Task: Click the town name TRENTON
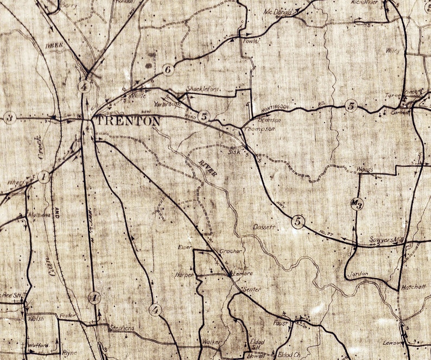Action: [x=128, y=121]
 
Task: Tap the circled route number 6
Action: [x=167, y=70]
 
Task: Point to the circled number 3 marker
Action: [x=9, y=117]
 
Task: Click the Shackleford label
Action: [x=202, y=89]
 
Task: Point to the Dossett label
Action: [x=266, y=228]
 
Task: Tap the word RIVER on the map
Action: [x=208, y=168]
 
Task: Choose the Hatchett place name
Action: [x=414, y=287]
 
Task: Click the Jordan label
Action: [x=358, y=274]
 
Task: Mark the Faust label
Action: [x=280, y=323]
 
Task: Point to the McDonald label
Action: [x=278, y=12]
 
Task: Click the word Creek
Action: [x=41, y=147]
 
